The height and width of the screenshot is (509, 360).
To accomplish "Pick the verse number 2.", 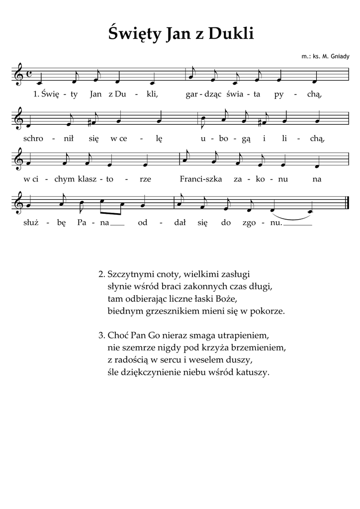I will pyautogui.click(x=101, y=273).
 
